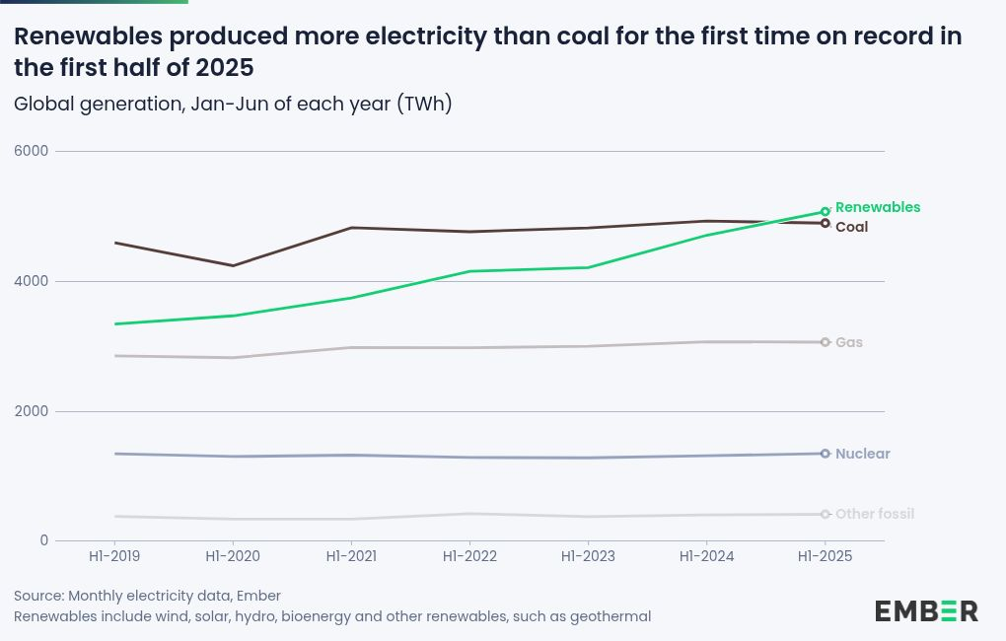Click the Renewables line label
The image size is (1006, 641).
pos(877,207)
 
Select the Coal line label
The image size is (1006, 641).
pos(851,227)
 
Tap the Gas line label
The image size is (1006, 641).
pos(848,342)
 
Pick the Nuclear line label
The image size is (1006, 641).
pos(862,454)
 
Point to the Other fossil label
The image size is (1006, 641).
pos(874,514)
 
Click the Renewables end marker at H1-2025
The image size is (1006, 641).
pos(826,211)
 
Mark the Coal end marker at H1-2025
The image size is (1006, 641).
pos(826,223)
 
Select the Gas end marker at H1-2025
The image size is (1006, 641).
pos(826,342)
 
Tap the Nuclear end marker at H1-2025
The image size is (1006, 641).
pos(826,454)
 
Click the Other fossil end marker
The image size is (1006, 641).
pos(826,514)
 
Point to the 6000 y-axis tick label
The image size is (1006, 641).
pos(31,151)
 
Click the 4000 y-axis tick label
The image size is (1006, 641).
pos(31,281)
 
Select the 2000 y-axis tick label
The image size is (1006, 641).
pos(31,411)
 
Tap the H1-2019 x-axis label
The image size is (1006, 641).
pos(114,556)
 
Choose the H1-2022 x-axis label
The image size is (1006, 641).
pos(469,556)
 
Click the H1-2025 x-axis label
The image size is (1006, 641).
pos(825,556)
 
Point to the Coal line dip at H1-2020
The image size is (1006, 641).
pos(233,265)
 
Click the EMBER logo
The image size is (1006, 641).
pos(926,610)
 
